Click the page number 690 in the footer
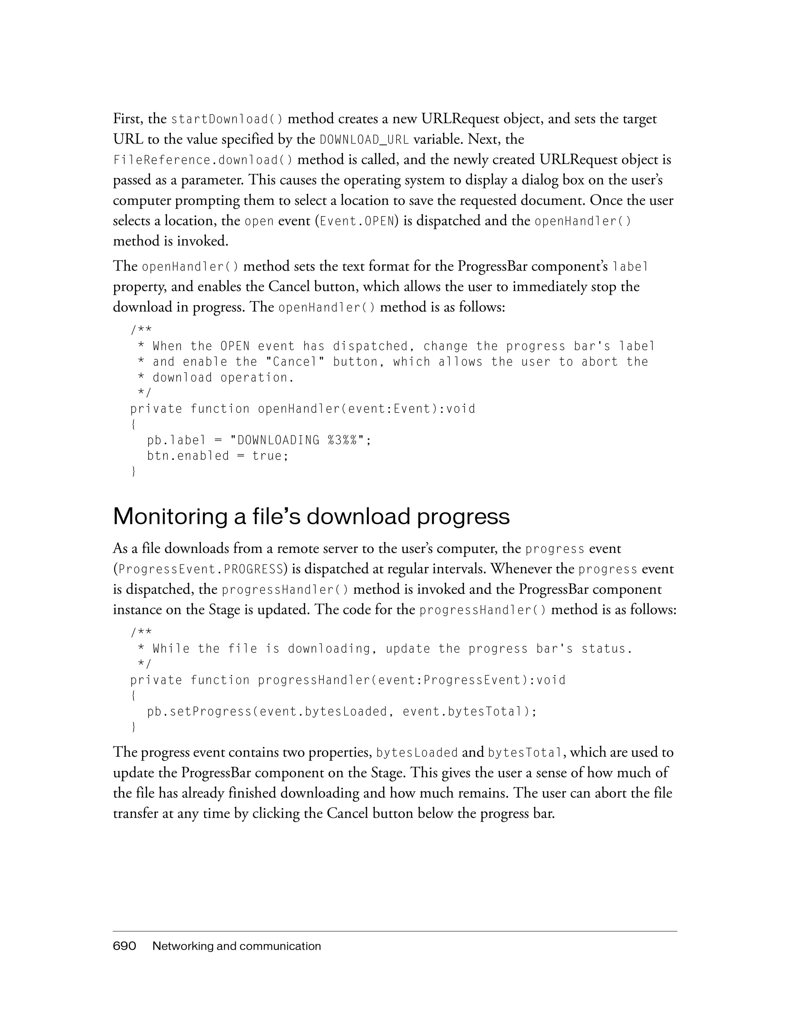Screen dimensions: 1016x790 tap(124, 946)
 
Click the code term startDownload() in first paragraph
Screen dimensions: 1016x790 tap(226, 120)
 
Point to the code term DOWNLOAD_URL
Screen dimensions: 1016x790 tap(365, 140)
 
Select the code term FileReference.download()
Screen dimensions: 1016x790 tap(203, 161)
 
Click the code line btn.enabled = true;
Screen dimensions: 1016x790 tap(218, 456)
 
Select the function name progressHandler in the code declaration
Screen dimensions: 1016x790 tap(314, 681)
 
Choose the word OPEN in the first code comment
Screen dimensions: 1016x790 tap(235, 346)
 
